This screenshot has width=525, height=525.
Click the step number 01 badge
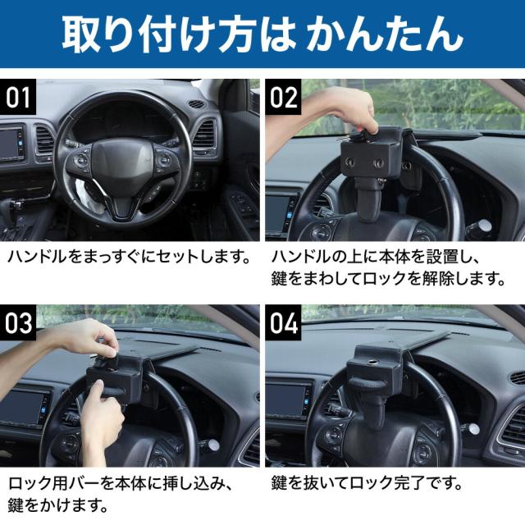pyautogui.click(x=18, y=97)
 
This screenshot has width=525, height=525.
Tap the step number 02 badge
pyautogui.click(x=284, y=97)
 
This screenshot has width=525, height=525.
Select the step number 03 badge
pyautogui.click(x=18, y=322)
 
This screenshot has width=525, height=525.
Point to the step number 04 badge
pyautogui.click(x=284, y=322)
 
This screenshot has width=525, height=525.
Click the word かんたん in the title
pyautogui.click(x=385, y=34)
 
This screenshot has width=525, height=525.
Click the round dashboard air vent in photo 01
pyautogui.click(x=196, y=104)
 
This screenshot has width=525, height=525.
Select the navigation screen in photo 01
pyautogui.click(x=9, y=144)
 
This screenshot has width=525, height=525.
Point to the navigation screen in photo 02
pyautogui.click(x=278, y=212)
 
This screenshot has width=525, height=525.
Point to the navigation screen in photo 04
pyautogui.click(x=286, y=400)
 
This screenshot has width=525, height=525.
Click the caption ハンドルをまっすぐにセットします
pyautogui.click(x=129, y=258)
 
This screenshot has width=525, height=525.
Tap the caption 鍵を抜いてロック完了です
pyautogui.click(x=367, y=483)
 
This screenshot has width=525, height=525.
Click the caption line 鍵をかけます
pyautogui.click(x=58, y=505)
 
